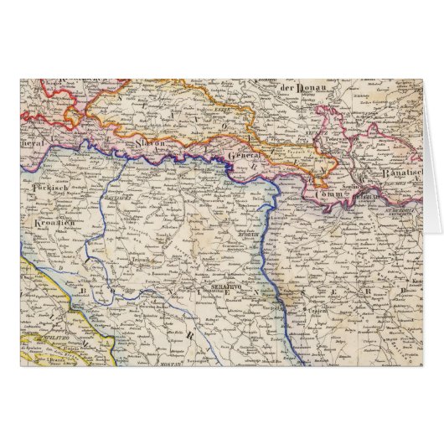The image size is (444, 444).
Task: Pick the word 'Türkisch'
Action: click(x=48, y=189)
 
